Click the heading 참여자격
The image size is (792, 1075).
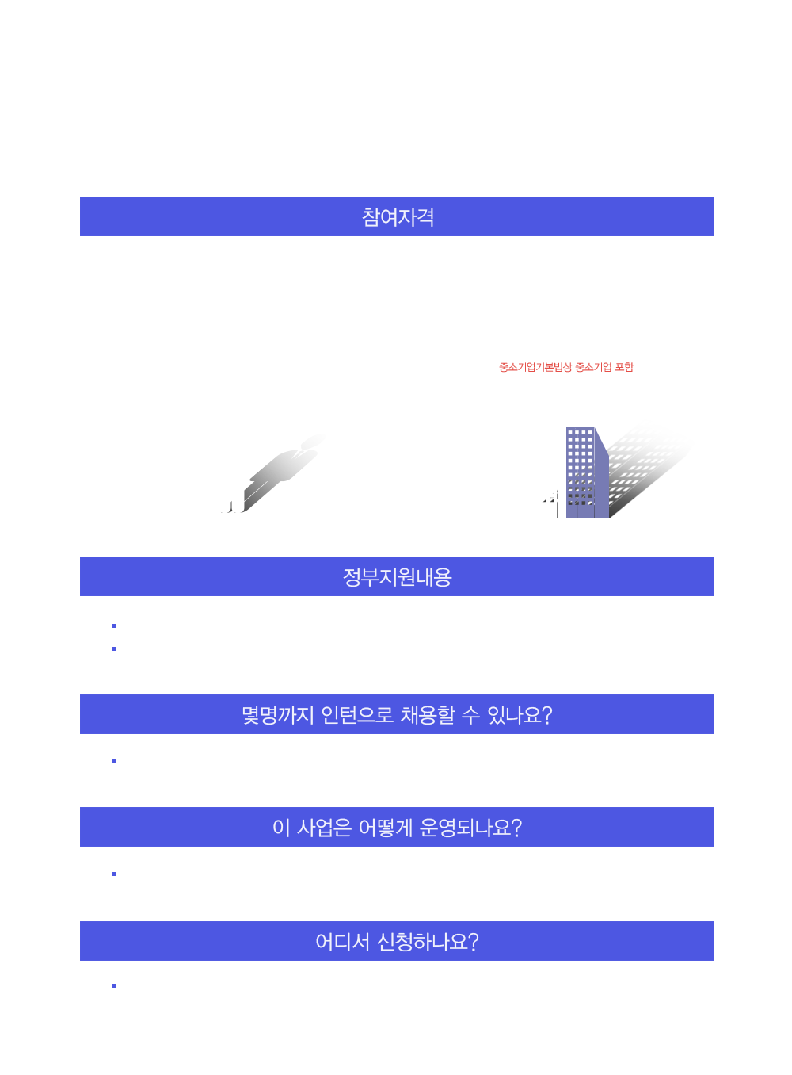(398, 217)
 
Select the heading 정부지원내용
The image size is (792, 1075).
(398, 577)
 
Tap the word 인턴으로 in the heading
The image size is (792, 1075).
(357, 715)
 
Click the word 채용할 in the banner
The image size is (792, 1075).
(428, 715)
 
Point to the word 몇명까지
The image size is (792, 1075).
(278, 715)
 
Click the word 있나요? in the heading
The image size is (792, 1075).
(520, 715)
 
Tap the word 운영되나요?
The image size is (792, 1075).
(470, 828)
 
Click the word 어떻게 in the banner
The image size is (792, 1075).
(386, 828)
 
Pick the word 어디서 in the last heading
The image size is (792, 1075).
(342, 942)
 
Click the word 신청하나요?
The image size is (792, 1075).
(428, 942)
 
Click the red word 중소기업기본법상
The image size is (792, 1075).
(535, 367)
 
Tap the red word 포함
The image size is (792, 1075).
(624, 367)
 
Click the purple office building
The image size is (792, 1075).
(588, 472)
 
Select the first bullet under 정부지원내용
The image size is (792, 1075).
(115, 625)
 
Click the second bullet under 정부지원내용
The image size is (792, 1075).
(115, 648)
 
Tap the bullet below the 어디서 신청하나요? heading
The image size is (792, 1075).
(115, 985)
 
